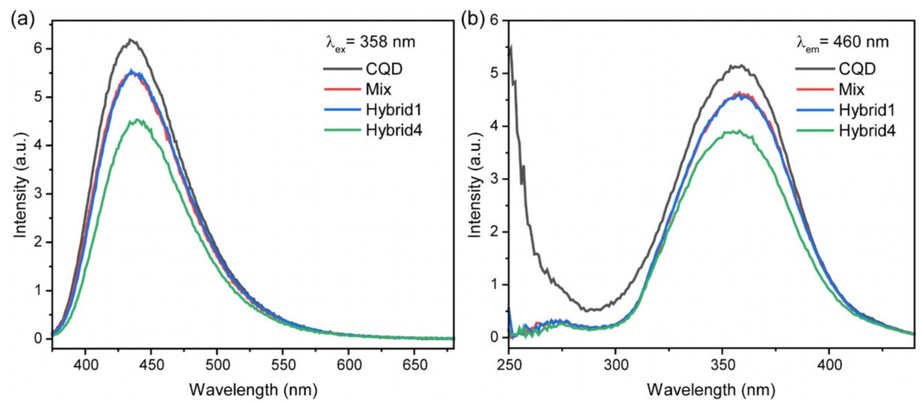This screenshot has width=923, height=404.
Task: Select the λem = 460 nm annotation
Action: point(840,42)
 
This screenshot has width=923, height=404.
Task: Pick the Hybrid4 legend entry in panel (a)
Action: point(393,131)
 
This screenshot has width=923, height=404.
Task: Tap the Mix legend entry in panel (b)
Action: point(851,89)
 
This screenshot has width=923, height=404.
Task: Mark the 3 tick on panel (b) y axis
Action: point(497,179)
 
